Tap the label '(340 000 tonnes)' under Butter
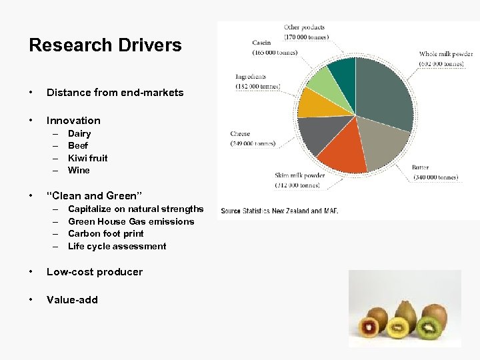click(x=435, y=177)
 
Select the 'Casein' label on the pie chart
click(x=261, y=43)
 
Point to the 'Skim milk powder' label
click(x=299, y=175)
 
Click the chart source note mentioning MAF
click(x=280, y=211)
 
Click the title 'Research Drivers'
click(x=105, y=45)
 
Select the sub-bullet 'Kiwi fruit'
click(x=87, y=158)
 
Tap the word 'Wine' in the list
click(x=79, y=170)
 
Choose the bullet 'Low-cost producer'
click(x=94, y=271)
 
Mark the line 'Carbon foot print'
click(x=105, y=233)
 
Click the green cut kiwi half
click(x=430, y=327)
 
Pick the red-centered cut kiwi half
click(x=371, y=327)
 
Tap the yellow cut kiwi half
click(x=399, y=327)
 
